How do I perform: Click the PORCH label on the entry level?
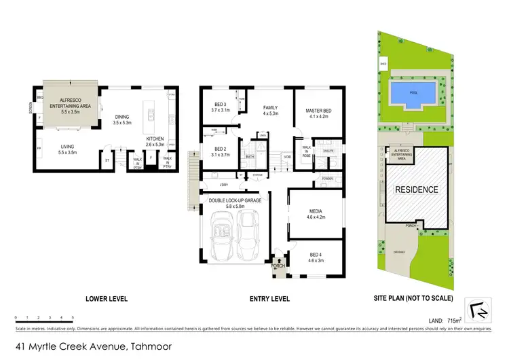[277, 266]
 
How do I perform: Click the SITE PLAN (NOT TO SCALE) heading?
[415, 299]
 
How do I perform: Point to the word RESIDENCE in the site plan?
[417, 190]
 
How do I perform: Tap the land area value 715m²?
[454, 319]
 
